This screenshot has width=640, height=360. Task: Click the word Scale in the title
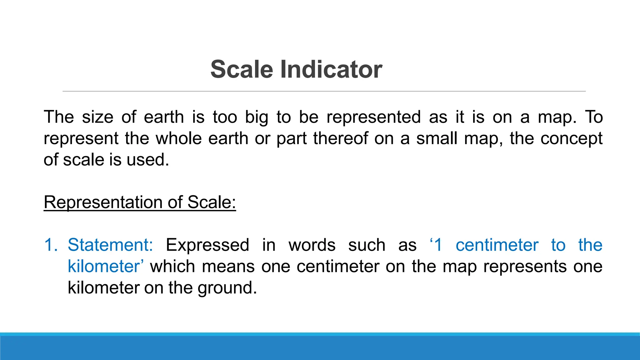pyautogui.click(x=242, y=69)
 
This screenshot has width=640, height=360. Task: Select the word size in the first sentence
pyautogui.click(x=97, y=117)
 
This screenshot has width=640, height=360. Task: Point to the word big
pyautogui.click(x=256, y=118)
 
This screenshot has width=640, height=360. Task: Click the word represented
pyautogui.click(x=374, y=118)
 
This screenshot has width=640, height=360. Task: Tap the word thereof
pyautogui.click(x=341, y=138)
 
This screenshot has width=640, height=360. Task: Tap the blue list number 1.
pyautogui.click(x=51, y=245)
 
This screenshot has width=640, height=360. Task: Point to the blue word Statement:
pyautogui.click(x=110, y=245)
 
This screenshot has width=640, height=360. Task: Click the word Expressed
pyautogui.click(x=207, y=245)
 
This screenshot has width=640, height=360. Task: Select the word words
pyautogui.click(x=312, y=245)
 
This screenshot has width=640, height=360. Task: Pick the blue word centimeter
pyautogui.click(x=497, y=245)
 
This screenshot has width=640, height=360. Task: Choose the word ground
pyautogui.click(x=227, y=288)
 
